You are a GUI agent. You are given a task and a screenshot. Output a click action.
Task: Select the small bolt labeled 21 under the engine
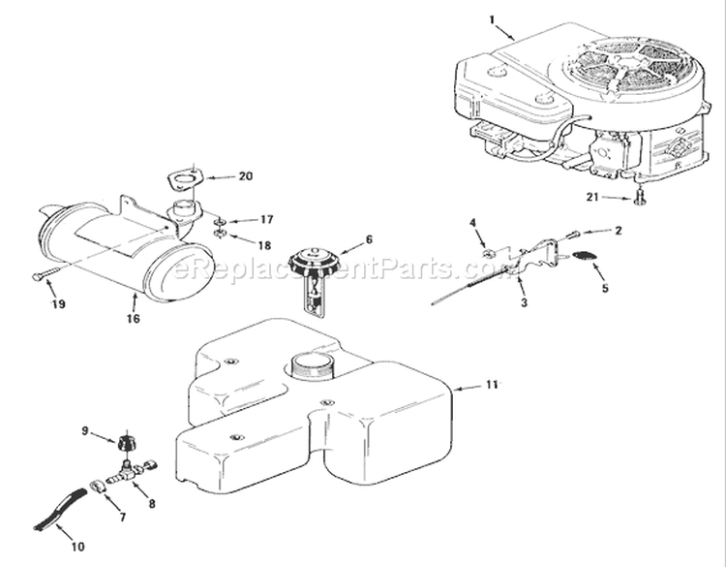pyautogui.click(x=642, y=199)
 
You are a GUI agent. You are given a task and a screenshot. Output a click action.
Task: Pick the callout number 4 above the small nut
pyautogui.click(x=473, y=225)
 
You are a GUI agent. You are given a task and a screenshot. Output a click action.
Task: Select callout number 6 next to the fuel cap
pyautogui.click(x=369, y=238)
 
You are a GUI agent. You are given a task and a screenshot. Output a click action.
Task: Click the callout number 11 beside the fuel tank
pyautogui.click(x=492, y=386)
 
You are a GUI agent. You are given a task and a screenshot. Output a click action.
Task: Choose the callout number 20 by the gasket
pyautogui.click(x=245, y=176)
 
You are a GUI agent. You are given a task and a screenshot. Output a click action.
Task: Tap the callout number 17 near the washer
pyautogui.click(x=265, y=220)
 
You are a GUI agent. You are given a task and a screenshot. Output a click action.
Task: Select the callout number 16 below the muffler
pyautogui.click(x=131, y=317)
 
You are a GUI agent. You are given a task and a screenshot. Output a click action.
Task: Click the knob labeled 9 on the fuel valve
pyautogui.click(x=125, y=445)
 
